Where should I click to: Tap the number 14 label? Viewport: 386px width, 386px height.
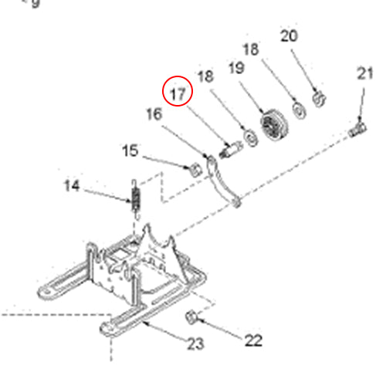(72, 186)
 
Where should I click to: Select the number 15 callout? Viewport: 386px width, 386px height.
(129, 151)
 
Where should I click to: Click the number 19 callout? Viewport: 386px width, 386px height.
(236, 69)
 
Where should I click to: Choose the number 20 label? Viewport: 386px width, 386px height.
(288, 36)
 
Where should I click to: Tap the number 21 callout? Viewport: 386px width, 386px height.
(365, 73)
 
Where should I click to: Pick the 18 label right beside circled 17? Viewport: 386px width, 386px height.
(205, 76)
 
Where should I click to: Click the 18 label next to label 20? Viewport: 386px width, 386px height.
(251, 49)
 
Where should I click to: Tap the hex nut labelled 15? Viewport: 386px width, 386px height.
(196, 168)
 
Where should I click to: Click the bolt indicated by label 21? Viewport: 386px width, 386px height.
(357, 127)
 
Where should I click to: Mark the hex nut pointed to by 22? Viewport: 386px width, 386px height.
(192, 317)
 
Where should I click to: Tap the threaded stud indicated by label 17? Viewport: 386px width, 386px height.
(229, 148)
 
